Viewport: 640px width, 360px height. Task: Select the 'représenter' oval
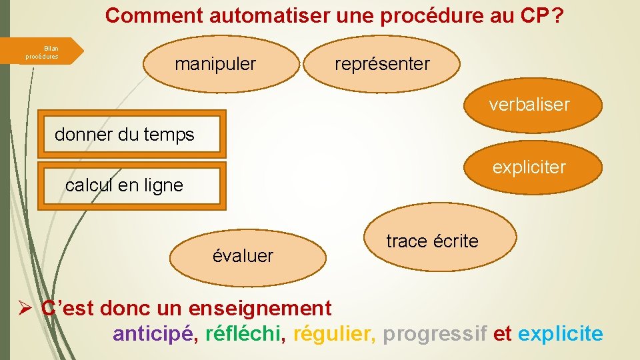(x=383, y=65)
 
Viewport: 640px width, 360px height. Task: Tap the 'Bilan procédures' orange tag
(x=43, y=53)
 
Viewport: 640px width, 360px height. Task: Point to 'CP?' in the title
(x=541, y=15)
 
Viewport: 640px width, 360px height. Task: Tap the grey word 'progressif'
(x=435, y=333)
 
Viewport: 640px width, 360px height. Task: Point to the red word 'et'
(x=502, y=333)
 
